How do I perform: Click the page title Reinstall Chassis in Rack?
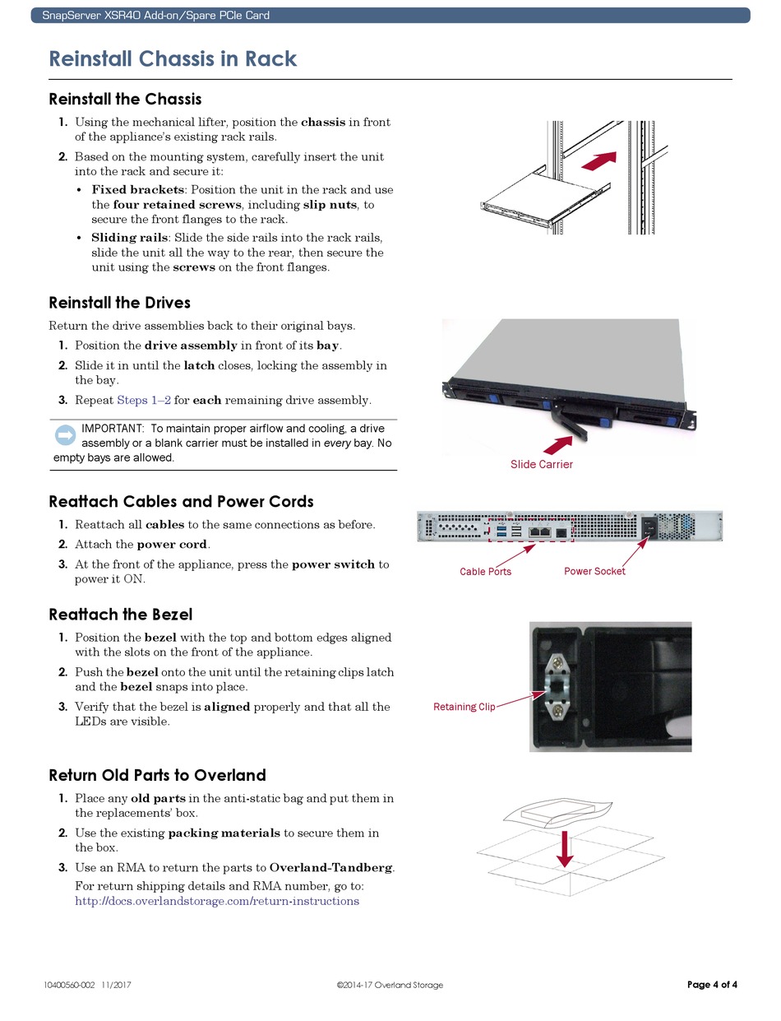[x=173, y=59]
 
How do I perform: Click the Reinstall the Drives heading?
[x=119, y=303]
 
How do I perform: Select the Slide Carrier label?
[x=541, y=465]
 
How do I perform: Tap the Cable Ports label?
[x=485, y=572]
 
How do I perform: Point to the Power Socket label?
[x=594, y=571]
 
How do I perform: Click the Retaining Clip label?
[x=464, y=707]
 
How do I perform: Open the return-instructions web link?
[x=217, y=901]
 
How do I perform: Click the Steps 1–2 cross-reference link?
[x=144, y=401]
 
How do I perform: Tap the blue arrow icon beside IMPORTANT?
[x=65, y=435]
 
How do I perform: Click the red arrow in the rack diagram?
[x=598, y=160]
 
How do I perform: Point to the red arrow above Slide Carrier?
[x=558, y=445]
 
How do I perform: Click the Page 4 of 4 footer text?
[x=712, y=985]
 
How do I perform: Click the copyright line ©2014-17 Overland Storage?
[x=390, y=986]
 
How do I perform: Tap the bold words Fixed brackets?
[x=137, y=190]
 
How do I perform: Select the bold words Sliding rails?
[x=129, y=238]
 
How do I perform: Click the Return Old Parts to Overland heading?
[x=157, y=775]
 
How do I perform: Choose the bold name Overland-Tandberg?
[x=331, y=868]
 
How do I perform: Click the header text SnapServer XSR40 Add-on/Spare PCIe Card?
[x=155, y=16]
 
